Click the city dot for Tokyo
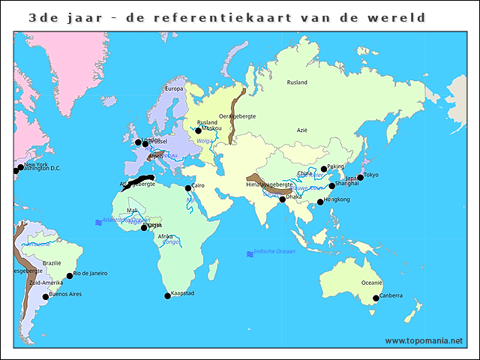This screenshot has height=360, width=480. (x=361, y=178)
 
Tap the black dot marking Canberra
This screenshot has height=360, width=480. (x=376, y=298)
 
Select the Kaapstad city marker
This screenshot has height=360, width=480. (x=167, y=296)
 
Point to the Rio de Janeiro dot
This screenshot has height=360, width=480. (x=70, y=276)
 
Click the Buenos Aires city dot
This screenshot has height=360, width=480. (x=45, y=297)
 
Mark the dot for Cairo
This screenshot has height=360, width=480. (x=188, y=188)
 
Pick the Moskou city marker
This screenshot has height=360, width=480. (x=198, y=131)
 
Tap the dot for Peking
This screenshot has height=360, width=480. (x=324, y=169)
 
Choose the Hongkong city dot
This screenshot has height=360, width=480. (x=320, y=202)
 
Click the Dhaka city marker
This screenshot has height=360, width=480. (x=283, y=199)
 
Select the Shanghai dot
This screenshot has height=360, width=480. (x=331, y=186)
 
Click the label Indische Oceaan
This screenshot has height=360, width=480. (x=274, y=251)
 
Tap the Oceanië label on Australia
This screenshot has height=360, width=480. (x=372, y=283)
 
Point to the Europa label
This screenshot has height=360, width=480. (x=173, y=88)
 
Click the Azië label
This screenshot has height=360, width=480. (x=302, y=130)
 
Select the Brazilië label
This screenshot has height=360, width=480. (x=52, y=263)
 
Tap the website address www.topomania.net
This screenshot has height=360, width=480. (x=424, y=340)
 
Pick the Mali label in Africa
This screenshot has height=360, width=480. (x=133, y=211)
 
